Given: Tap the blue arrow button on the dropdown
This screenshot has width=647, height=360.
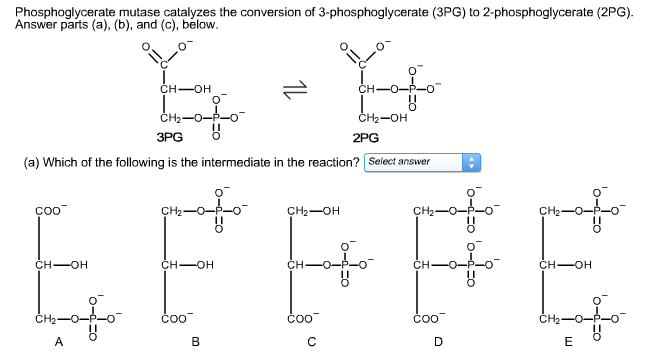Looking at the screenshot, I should [x=473, y=162].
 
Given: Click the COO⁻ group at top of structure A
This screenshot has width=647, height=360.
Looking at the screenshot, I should [x=48, y=211].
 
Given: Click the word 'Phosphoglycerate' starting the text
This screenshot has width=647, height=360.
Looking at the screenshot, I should [x=47, y=8].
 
